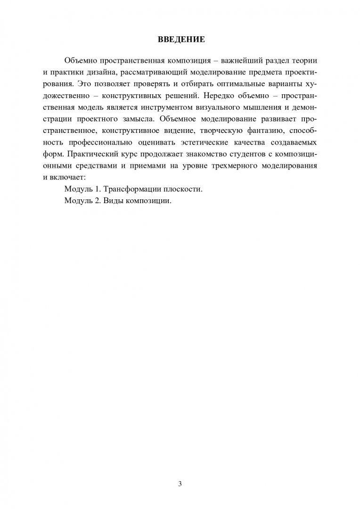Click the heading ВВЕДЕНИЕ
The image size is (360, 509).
click(x=180, y=40)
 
